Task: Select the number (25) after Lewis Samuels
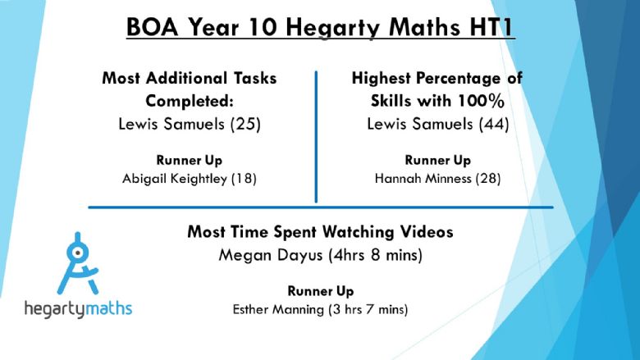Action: (x=245, y=124)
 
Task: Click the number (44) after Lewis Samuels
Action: (x=494, y=124)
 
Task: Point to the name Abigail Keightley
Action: (x=175, y=179)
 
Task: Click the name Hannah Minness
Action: (x=423, y=179)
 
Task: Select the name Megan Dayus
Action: (x=271, y=256)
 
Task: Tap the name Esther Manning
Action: (x=278, y=309)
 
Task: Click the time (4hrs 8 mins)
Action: (x=376, y=256)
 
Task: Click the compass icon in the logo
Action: (x=78, y=263)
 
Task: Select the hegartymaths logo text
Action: (x=79, y=308)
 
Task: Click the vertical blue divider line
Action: (x=316, y=137)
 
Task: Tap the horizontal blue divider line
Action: (x=321, y=207)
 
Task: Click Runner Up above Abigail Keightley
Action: (x=190, y=160)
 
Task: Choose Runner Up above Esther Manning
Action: (x=321, y=291)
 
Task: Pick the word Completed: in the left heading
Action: (x=190, y=101)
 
